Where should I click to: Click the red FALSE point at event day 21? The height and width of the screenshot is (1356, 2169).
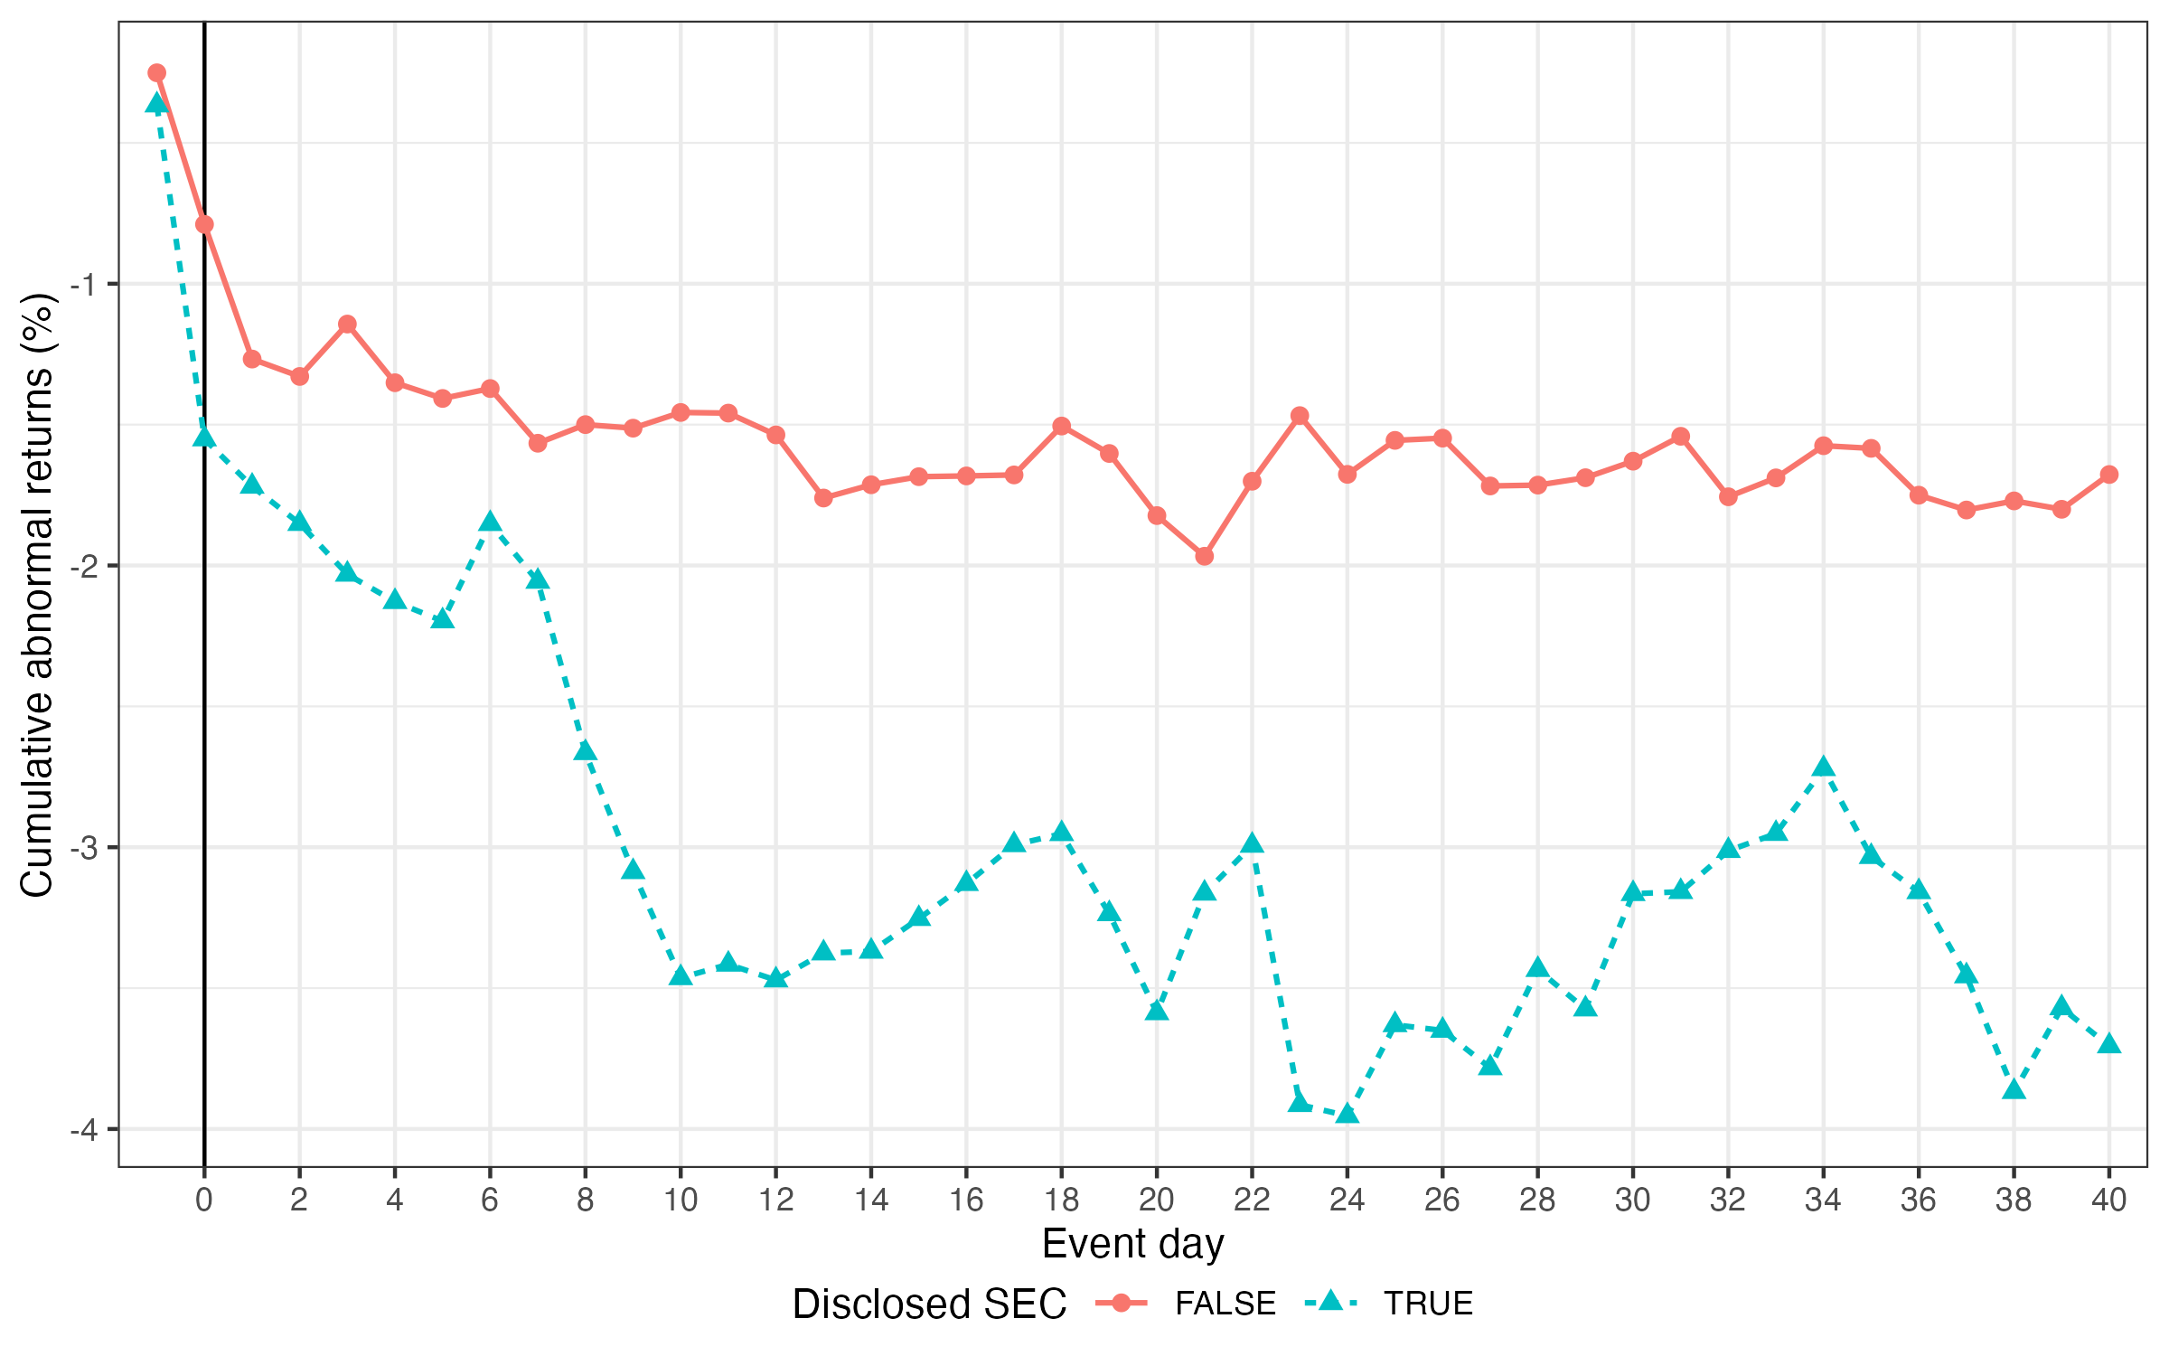tap(1205, 556)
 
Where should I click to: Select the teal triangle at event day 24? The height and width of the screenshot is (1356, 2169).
tap(1347, 1113)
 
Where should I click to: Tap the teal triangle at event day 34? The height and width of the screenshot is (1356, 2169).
tap(1824, 767)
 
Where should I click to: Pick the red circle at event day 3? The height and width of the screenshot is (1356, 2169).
tap(347, 325)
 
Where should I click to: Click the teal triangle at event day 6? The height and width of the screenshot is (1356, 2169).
tap(490, 522)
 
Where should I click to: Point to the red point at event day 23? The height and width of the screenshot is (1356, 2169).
tap(1300, 416)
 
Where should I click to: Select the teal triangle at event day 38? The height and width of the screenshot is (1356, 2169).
tap(2014, 1088)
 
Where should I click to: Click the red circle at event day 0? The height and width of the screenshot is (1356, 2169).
tap(204, 224)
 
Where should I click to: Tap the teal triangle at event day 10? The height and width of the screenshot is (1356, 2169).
tap(681, 975)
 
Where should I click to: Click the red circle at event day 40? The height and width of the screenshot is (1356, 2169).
tap(2109, 475)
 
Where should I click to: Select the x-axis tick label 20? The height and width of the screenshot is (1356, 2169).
tap(1157, 1201)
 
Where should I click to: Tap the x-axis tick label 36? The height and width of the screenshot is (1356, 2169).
tap(1919, 1201)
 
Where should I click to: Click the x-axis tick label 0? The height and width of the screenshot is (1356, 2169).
tap(204, 1201)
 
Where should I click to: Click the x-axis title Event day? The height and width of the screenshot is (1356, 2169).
tap(1132, 1244)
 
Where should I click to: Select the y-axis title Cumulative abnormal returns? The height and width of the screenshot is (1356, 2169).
tap(38, 594)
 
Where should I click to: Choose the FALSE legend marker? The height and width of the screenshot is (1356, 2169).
tap(1122, 1303)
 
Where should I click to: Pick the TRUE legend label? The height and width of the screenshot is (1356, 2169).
tap(1428, 1304)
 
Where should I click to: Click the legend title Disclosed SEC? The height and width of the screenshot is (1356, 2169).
tap(929, 1304)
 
